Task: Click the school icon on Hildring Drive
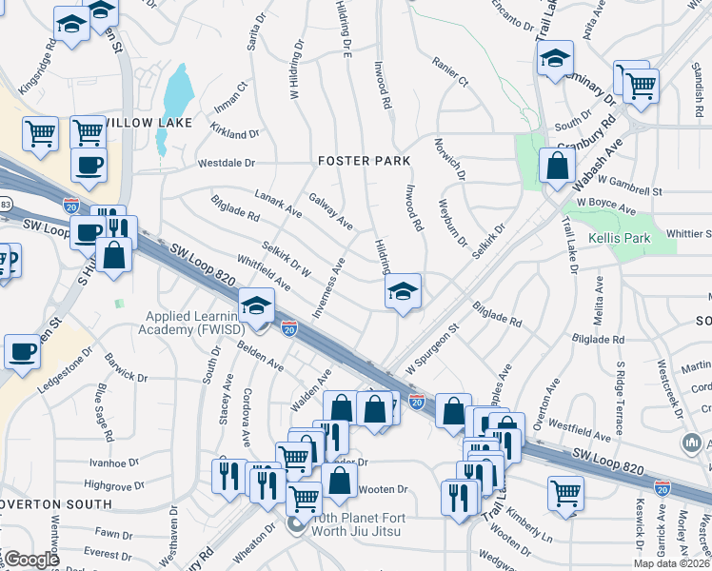tap(404, 291)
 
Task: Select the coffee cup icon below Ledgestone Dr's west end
tap(22, 349)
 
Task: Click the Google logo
tap(30, 559)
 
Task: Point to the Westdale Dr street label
tap(227, 164)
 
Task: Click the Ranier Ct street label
tap(450, 76)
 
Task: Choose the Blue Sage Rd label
tap(101, 402)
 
